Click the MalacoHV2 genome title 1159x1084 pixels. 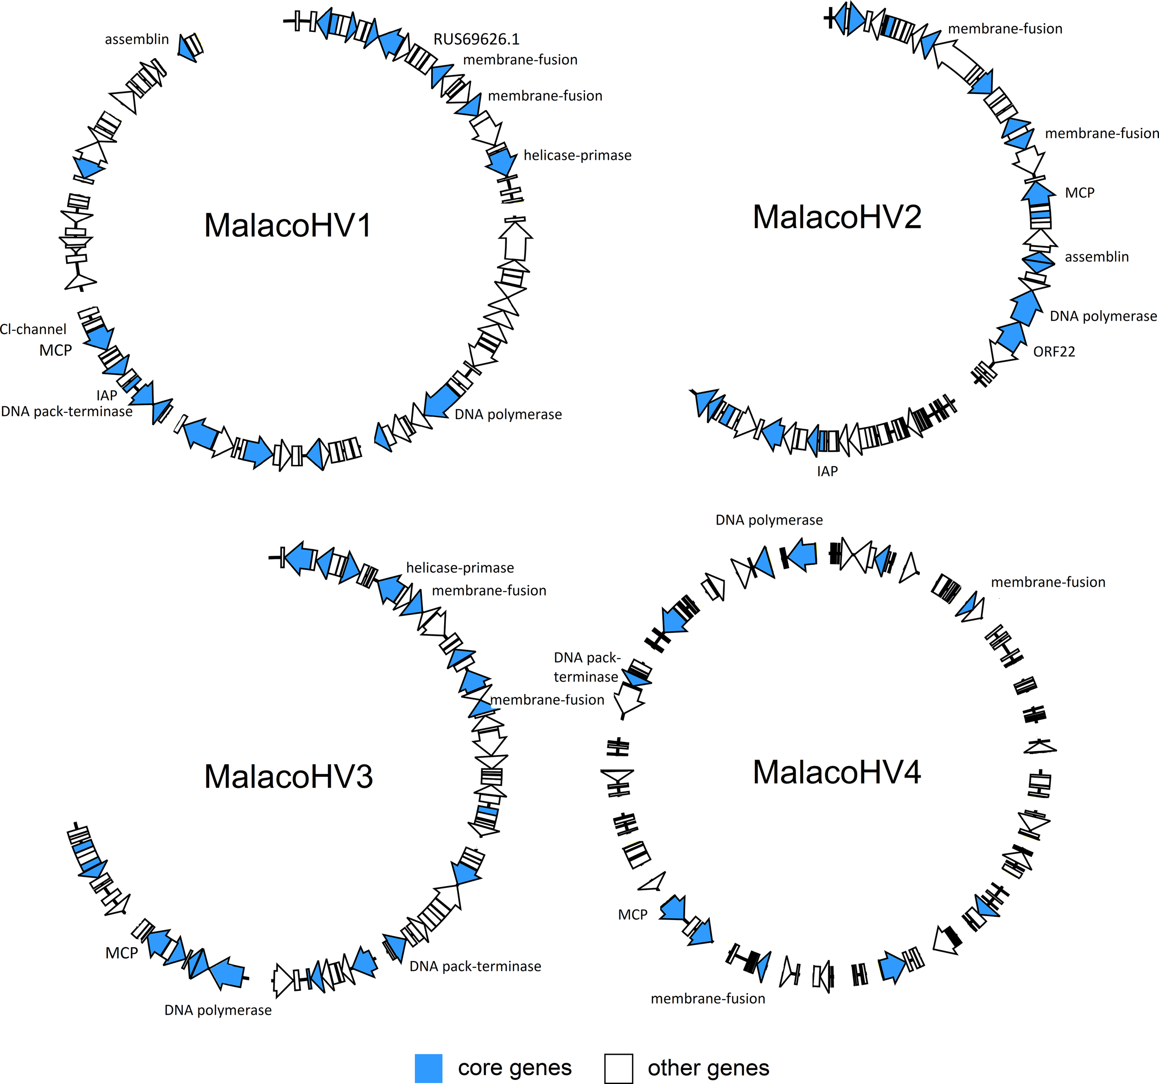(x=837, y=217)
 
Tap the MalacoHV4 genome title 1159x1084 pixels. (x=837, y=772)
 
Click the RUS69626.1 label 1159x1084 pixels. (x=476, y=39)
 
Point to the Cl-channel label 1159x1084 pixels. (x=33, y=330)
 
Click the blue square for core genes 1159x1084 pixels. (x=428, y=1068)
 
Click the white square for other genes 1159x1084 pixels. (x=618, y=1068)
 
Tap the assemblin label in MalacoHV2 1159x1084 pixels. (x=1096, y=257)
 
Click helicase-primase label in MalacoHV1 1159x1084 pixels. (x=577, y=155)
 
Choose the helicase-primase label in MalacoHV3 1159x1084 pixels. (x=459, y=568)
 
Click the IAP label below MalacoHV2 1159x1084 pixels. (x=827, y=471)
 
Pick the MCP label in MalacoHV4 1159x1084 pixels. (x=632, y=914)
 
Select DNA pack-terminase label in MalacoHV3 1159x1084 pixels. (x=475, y=966)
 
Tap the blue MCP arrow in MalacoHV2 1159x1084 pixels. (x=1037, y=192)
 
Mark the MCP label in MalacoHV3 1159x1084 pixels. (x=121, y=953)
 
